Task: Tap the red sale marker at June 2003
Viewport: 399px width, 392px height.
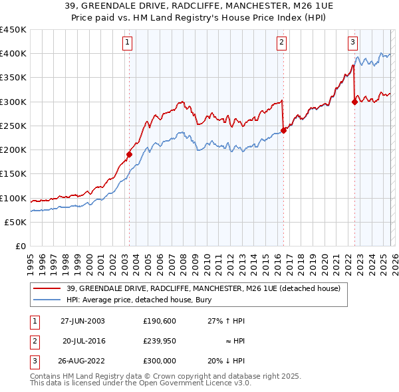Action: click(130, 154)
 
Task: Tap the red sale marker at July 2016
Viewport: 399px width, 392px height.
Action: click(284, 130)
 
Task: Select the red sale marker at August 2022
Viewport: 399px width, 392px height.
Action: click(354, 102)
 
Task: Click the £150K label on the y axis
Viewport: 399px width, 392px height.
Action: click(13, 174)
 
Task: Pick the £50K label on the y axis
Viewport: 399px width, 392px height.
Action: click(15, 223)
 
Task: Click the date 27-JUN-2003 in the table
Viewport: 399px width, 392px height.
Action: click(82, 320)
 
